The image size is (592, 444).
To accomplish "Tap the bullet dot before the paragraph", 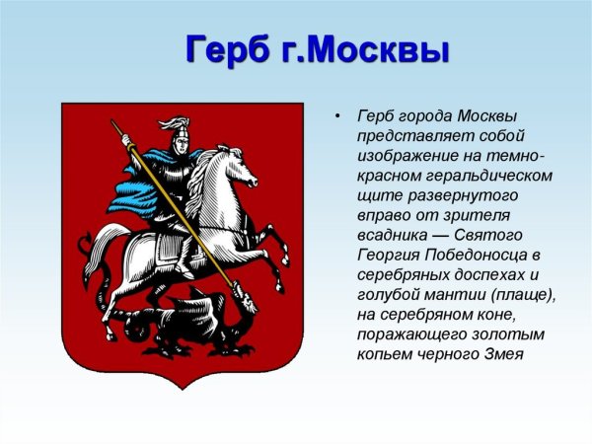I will coord(338,116).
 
